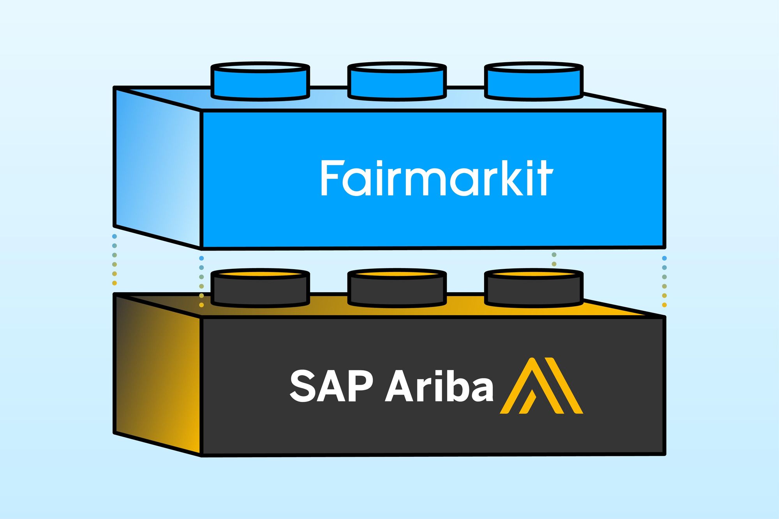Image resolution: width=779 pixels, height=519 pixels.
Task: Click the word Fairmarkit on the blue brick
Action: (x=436, y=178)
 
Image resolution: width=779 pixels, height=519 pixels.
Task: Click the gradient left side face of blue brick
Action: (x=158, y=167)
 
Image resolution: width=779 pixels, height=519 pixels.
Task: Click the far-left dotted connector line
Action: (x=115, y=259)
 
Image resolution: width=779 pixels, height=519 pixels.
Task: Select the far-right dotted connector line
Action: (x=664, y=281)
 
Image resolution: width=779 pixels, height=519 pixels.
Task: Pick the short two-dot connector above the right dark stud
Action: (x=554, y=259)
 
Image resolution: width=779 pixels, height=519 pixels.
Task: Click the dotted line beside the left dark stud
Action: (x=201, y=281)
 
